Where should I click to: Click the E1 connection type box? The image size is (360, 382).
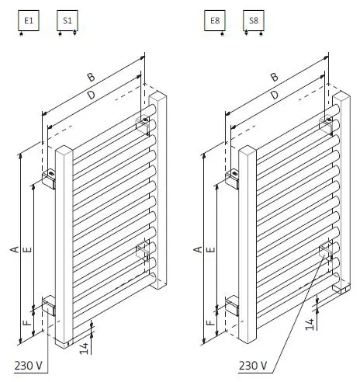click(29, 21)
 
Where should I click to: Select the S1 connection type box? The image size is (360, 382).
click(67, 21)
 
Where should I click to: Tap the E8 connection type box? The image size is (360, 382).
click(216, 21)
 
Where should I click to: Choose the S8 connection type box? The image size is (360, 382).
click(254, 21)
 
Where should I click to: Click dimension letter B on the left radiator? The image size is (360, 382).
click(91, 76)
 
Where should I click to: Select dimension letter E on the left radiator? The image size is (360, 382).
click(27, 249)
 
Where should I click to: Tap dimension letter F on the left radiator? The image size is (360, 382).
click(26, 318)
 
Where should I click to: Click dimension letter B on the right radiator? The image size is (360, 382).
click(273, 76)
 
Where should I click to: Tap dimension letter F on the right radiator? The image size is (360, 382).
click(210, 318)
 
